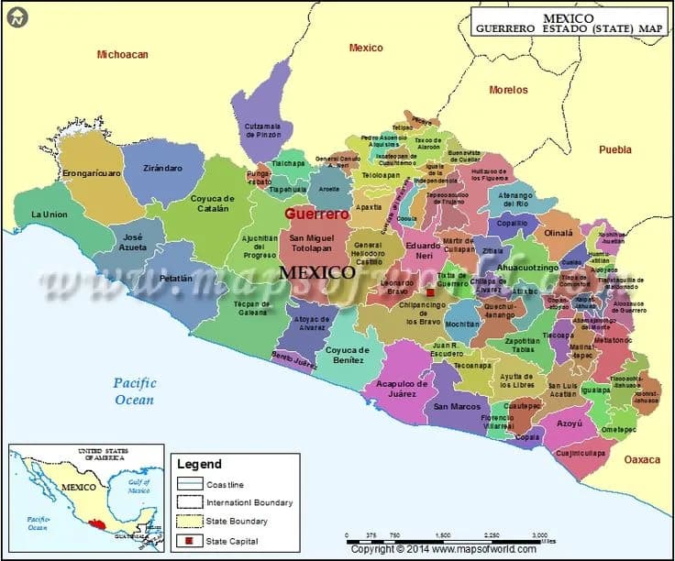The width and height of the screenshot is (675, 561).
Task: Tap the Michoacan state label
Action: coord(123,55)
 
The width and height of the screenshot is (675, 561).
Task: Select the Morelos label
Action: coord(508,90)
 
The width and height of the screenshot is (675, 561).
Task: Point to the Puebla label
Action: coord(615,149)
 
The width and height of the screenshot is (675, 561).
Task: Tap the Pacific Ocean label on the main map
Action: coord(136,391)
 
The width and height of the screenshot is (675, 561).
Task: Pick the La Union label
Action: coord(50,214)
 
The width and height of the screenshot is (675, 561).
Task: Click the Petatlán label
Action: coord(176,278)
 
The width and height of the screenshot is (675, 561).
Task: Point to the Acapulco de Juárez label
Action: coord(403,390)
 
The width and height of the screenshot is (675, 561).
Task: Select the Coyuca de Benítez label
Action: coord(348,356)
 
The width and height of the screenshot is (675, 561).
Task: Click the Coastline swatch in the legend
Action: coord(190,484)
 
